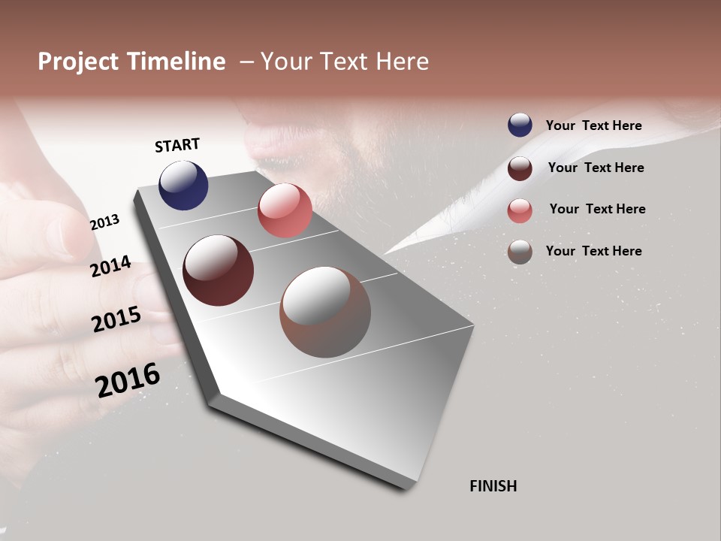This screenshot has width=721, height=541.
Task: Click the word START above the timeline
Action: click(177, 145)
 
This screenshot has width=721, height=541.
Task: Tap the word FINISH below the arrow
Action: click(493, 486)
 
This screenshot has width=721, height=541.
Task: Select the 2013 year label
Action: click(104, 222)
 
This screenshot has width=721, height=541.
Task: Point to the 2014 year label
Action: click(110, 267)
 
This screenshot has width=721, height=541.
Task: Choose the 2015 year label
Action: click(116, 319)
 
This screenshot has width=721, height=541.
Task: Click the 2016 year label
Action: click(128, 380)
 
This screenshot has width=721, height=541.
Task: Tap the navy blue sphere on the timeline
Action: click(183, 185)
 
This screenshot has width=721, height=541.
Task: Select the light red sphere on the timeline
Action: click(285, 210)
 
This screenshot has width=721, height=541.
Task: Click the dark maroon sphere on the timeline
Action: click(218, 270)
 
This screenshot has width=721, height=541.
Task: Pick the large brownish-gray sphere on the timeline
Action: click(325, 312)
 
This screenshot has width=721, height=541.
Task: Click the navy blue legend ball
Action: click(520, 125)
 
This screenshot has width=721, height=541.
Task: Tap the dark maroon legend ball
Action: click(520, 168)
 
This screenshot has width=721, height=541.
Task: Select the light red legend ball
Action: click(520, 210)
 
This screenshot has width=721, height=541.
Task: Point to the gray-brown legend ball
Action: click(520, 252)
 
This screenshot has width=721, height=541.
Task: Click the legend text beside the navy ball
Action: click(593, 125)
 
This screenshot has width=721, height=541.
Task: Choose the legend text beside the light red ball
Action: click(597, 209)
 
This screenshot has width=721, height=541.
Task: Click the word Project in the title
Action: click(78, 62)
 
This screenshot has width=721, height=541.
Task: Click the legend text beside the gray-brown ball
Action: click(593, 251)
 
